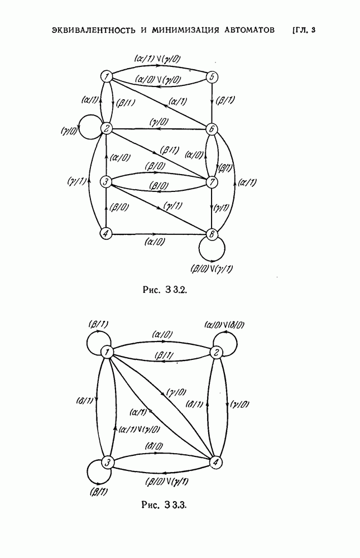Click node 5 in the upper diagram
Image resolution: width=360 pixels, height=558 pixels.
(x=212, y=77)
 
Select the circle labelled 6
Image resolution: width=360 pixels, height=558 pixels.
(x=211, y=129)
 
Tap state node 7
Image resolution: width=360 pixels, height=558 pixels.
(x=211, y=182)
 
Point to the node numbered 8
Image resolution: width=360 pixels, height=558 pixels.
(x=211, y=234)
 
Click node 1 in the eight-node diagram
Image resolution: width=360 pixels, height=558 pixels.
(x=107, y=76)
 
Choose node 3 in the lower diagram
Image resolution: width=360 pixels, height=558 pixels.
(x=107, y=463)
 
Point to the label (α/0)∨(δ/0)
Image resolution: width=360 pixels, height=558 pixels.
(x=223, y=325)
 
